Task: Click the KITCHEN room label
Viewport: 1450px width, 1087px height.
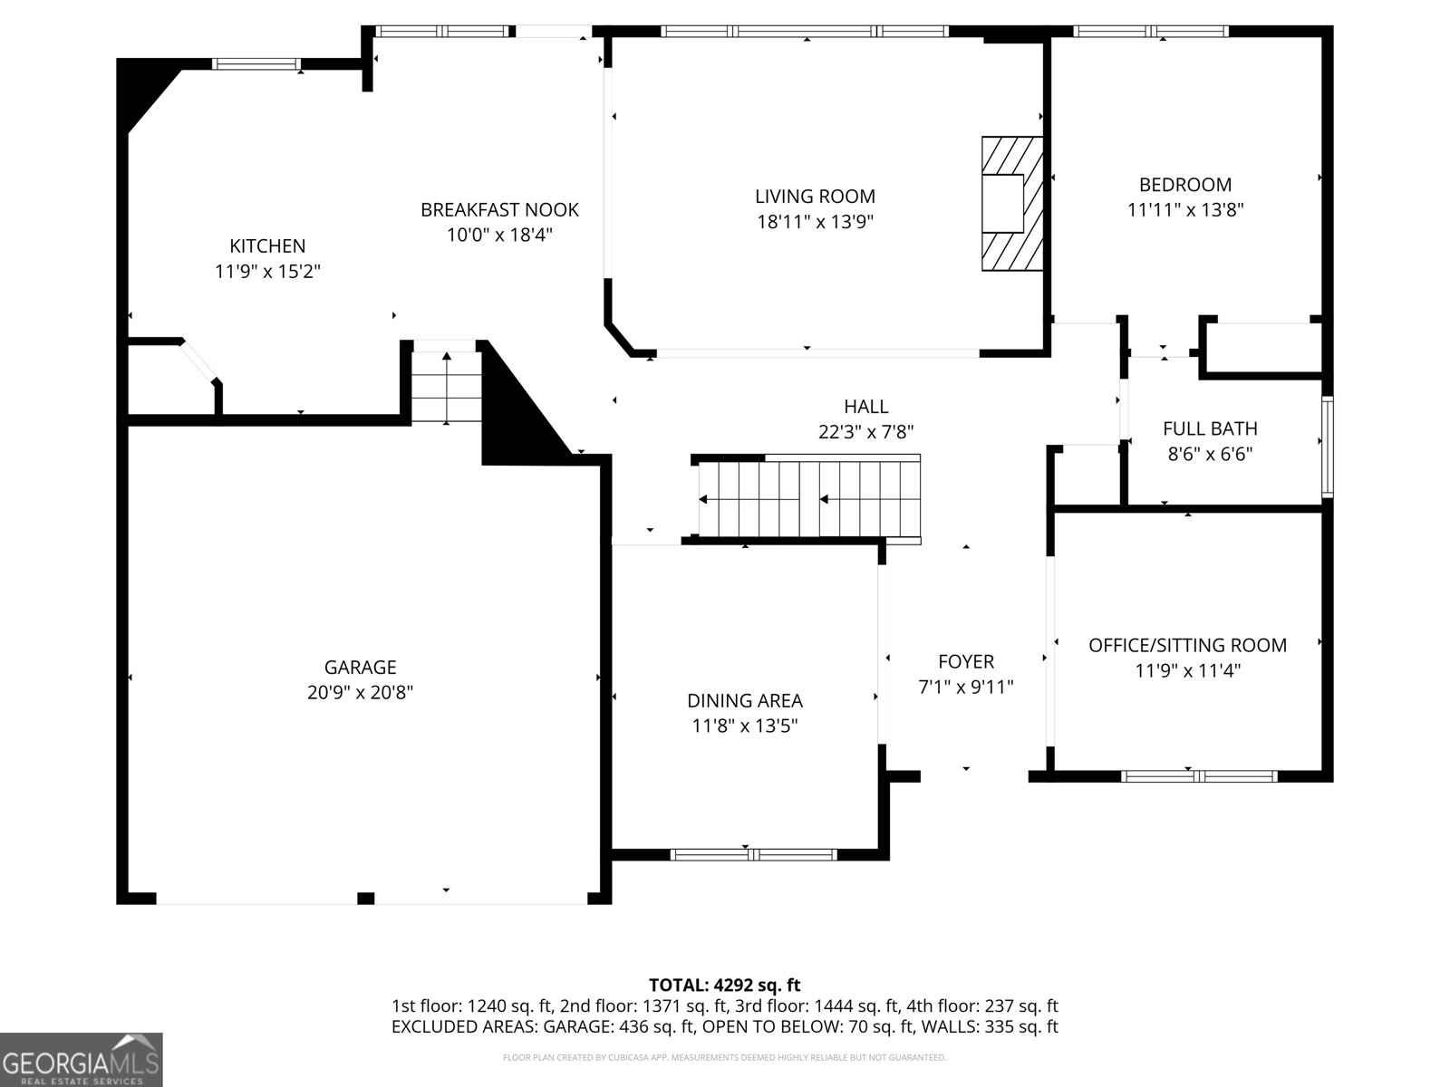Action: coord(267,246)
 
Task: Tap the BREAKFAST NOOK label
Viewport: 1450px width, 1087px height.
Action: coord(499,210)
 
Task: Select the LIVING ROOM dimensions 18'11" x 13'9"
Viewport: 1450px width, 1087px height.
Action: coord(815,222)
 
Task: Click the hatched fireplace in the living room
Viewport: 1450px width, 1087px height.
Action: coord(1012,203)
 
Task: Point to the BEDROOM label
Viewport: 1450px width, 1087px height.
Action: coord(1185,185)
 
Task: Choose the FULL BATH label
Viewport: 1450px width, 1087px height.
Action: coord(1210,429)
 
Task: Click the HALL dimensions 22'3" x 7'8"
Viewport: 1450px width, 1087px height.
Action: coord(866,432)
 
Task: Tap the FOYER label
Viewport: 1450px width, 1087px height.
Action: coord(966,662)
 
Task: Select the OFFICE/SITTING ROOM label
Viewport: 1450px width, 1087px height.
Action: coord(1188,646)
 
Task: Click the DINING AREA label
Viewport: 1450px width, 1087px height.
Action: coord(745,701)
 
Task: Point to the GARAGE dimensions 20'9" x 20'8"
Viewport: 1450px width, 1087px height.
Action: coord(360,693)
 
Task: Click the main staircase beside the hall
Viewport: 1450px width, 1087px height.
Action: coord(806,499)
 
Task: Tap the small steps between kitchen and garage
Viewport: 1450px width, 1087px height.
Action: coord(447,387)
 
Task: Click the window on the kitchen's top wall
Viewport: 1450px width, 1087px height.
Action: coord(256,64)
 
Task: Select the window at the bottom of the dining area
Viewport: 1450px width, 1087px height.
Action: coord(754,855)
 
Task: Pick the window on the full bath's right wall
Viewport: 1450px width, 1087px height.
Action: coord(1327,447)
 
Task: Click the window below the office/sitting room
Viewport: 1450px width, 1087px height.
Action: coord(1199,777)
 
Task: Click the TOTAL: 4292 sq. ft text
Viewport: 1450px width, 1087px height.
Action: coord(725,986)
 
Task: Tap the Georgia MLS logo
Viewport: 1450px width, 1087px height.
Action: coord(81,1060)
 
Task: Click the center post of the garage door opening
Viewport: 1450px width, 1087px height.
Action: coord(366,899)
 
